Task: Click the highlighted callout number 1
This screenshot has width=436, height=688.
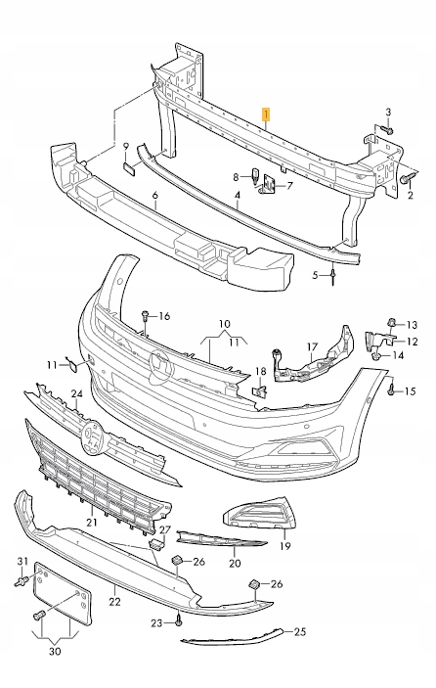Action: coord(266,115)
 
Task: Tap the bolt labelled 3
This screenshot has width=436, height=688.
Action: coord(388,130)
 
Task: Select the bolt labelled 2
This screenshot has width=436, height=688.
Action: coord(405,179)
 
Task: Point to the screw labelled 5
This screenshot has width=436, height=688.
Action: coord(333,277)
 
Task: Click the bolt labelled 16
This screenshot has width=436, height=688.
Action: coord(146,318)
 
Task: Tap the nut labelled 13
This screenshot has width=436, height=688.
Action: coord(392,324)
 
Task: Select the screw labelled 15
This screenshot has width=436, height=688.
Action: coord(391,388)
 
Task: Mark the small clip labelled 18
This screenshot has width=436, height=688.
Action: coord(260,390)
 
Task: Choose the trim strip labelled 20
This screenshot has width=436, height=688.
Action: coord(221,539)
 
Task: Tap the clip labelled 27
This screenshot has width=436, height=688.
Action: coord(156,544)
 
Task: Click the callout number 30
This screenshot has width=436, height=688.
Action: coord(55,652)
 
